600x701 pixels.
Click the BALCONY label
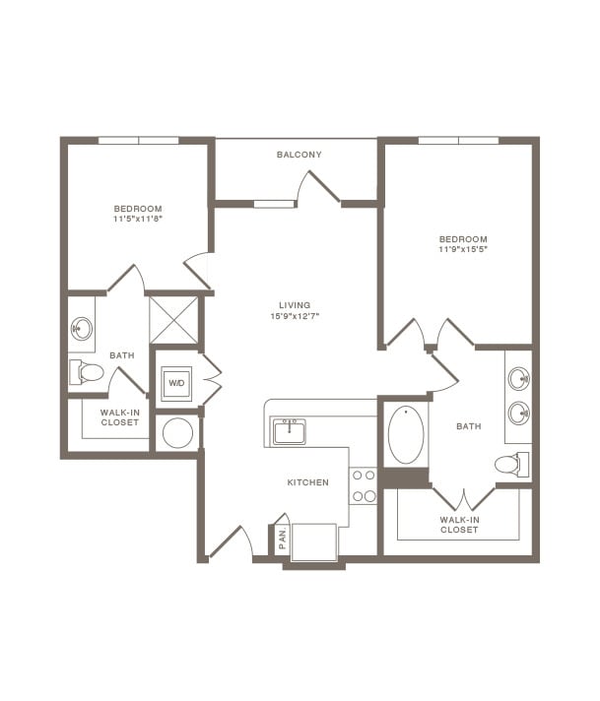coord(299,155)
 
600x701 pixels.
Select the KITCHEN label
coord(306,482)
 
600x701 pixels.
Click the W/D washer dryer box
coord(177,382)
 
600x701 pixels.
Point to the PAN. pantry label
coord(282,538)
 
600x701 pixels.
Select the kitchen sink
coord(289,431)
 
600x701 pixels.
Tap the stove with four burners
coord(364,485)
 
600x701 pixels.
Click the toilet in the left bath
coord(87,372)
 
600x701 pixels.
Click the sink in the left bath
coord(82,329)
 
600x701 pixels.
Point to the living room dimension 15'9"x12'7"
coord(298,316)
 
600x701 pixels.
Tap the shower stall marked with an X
coord(173,319)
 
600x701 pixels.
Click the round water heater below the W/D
coord(177,433)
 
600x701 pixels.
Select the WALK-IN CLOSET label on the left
coord(120,416)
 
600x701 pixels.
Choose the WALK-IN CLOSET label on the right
coord(459,524)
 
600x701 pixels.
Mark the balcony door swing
coord(319,187)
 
